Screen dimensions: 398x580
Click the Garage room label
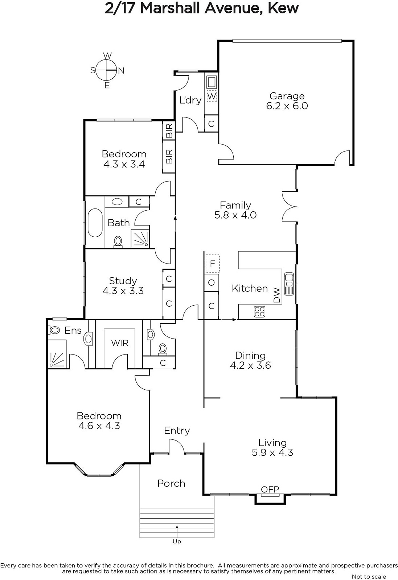[287, 96]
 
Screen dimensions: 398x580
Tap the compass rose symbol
[107, 70]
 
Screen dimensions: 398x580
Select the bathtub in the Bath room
[95, 223]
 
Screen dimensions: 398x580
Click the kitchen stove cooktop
[260, 311]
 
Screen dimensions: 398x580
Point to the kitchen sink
[289, 284]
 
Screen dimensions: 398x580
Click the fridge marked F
[213, 264]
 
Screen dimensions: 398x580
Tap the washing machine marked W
[212, 96]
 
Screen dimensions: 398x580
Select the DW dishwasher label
[277, 295]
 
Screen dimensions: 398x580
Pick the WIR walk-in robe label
[120, 343]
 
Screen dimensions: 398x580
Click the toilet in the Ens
[54, 330]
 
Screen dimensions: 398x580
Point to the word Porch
[171, 484]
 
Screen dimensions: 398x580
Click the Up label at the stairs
[177, 542]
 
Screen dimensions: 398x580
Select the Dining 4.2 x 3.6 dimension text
[251, 365]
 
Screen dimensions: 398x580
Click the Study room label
[123, 281]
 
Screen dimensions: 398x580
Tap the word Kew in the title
[283, 8]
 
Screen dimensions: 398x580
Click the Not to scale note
[369, 576]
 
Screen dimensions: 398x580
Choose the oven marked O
[212, 282]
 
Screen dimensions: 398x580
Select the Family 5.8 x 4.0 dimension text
[235, 215]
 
